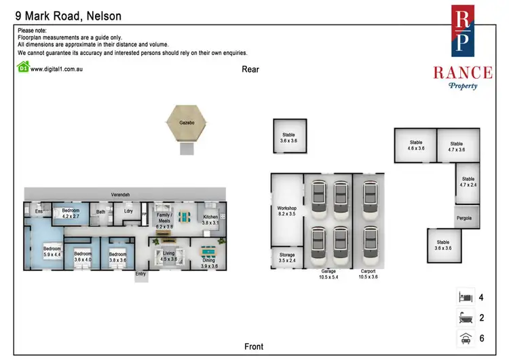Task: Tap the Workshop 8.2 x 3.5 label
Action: tap(287, 212)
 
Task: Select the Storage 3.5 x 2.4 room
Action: tap(287, 257)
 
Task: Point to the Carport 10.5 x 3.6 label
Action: tap(369, 274)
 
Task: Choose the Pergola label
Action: tap(465, 218)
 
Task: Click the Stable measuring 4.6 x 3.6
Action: tap(415, 145)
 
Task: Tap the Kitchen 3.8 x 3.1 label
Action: tap(210, 220)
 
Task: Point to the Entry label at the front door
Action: tap(140, 274)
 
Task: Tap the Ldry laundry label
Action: tap(128, 211)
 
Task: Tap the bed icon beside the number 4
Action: tap(466, 298)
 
